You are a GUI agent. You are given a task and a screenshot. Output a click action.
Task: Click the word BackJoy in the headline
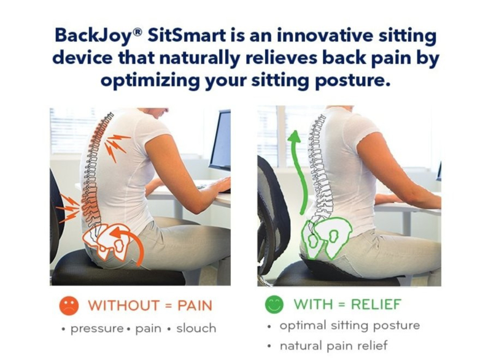pyautogui.click(x=93, y=36)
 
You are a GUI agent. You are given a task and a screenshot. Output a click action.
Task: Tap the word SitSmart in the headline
pyautogui.click(x=186, y=35)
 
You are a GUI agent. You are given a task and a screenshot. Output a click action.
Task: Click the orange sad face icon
pyautogui.click(x=69, y=305)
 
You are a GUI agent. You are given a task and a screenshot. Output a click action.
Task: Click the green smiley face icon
pyautogui.click(x=274, y=304)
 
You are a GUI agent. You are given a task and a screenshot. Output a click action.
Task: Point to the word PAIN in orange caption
pyautogui.click(x=195, y=305)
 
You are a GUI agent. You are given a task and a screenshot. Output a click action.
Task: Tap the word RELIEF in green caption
pyautogui.click(x=376, y=304)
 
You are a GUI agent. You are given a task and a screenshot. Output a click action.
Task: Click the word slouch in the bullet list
pyautogui.click(x=196, y=328)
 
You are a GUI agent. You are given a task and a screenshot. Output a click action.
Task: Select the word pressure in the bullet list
pyautogui.click(x=98, y=329)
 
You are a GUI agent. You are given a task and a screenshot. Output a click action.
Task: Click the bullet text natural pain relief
pyautogui.click(x=333, y=346)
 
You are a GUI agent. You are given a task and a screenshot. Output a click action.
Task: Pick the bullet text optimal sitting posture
pyautogui.click(x=350, y=326)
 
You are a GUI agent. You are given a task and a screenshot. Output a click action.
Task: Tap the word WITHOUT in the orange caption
pyautogui.click(x=124, y=305)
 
